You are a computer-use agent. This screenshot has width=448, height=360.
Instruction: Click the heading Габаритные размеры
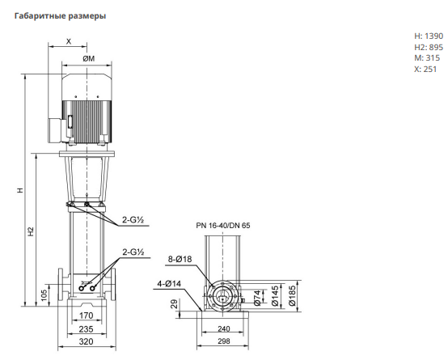click(x=60, y=15)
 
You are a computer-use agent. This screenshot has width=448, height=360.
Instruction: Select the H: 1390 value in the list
click(x=429, y=36)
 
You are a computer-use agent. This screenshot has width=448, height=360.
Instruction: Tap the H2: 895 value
click(x=429, y=47)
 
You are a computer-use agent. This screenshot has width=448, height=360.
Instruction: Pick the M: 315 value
click(x=427, y=58)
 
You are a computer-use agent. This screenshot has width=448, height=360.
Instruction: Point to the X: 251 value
click(x=425, y=70)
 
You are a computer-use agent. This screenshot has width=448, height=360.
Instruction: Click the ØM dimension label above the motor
click(x=89, y=58)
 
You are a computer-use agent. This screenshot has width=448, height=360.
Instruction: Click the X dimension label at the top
click(x=69, y=42)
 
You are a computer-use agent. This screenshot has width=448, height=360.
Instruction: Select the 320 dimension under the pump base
click(x=86, y=341)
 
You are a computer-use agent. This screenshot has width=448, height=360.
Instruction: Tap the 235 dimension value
click(x=86, y=329)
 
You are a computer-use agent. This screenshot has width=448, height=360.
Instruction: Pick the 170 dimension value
click(x=86, y=316)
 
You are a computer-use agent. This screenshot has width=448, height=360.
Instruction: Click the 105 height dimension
click(x=44, y=295)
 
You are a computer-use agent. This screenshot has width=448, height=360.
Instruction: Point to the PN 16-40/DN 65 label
click(x=223, y=226)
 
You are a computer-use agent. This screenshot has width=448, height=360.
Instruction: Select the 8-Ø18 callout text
click(x=180, y=260)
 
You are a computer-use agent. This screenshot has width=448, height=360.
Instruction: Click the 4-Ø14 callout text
click(x=169, y=284)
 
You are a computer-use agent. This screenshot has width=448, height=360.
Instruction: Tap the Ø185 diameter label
click(x=292, y=295)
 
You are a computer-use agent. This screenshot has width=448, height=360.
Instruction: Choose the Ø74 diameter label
click(x=257, y=298)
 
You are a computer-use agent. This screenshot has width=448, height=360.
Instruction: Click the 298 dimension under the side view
click(x=224, y=341)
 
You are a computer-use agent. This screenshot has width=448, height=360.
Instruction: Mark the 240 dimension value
click(x=224, y=328)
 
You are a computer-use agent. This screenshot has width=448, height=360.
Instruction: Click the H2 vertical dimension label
click(x=31, y=231)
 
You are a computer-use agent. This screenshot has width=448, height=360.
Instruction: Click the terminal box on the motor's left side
click(x=56, y=130)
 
